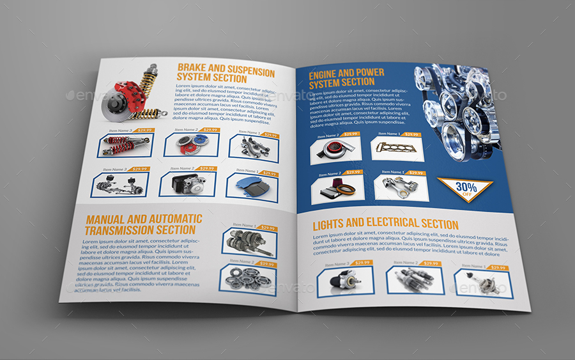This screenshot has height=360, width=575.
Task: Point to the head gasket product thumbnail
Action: point(396,147)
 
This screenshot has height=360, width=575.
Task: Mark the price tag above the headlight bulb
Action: point(496,268)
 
